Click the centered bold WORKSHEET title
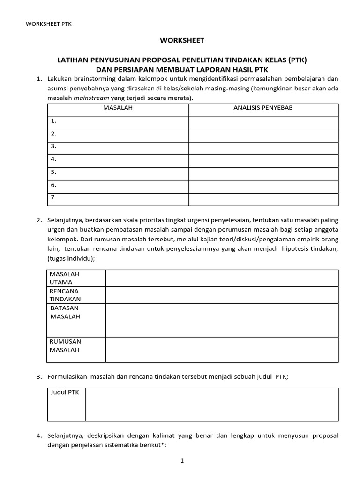(x=182, y=41)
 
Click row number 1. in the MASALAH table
(x=54, y=121)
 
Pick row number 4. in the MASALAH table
(x=54, y=159)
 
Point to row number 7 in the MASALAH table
(x=53, y=197)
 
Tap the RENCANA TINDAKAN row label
(x=65, y=295)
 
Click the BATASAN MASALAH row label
(x=65, y=312)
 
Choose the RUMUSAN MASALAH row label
(x=65, y=345)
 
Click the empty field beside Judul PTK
(x=211, y=404)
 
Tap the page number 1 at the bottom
(x=182, y=461)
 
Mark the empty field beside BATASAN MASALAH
(x=222, y=320)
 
